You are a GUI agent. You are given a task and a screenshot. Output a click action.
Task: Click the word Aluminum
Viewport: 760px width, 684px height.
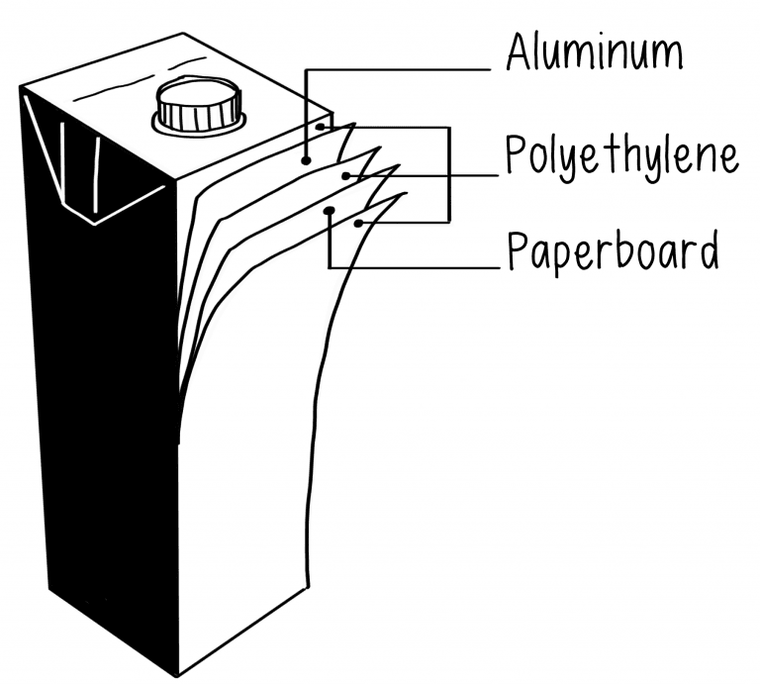pyautogui.click(x=593, y=51)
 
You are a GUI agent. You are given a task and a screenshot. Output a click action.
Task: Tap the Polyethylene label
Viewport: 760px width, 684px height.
pyautogui.click(x=621, y=156)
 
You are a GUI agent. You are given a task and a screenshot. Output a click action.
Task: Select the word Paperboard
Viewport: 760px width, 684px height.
pyautogui.click(x=612, y=251)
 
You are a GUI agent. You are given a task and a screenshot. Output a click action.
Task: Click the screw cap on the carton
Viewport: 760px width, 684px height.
pyautogui.click(x=199, y=104)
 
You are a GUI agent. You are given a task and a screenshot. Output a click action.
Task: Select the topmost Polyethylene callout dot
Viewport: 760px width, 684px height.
pyautogui.click(x=321, y=127)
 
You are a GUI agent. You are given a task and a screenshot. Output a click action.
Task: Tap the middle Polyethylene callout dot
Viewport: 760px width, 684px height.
pyautogui.click(x=345, y=176)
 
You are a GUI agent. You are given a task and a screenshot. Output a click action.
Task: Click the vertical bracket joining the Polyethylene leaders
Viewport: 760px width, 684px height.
pyautogui.click(x=449, y=173)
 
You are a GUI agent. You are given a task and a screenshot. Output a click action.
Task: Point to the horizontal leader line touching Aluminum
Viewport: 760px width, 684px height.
pyautogui.click(x=396, y=69)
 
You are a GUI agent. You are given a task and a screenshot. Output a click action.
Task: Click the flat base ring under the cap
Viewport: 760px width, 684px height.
pyautogui.click(x=198, y=127)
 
